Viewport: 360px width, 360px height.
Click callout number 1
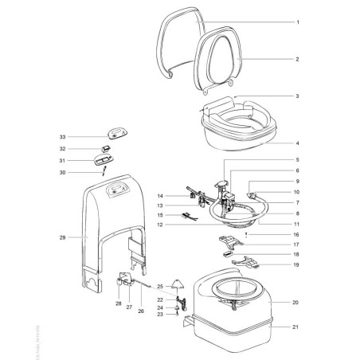point(297,22)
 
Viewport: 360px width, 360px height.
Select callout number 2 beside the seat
point(297,60)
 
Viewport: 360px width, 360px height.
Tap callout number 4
point(297,145)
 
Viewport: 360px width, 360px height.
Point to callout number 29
point(61,237)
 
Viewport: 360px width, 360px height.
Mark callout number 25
point(160,286)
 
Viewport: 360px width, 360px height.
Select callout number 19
point(297,264)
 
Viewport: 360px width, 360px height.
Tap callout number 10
point(297,193)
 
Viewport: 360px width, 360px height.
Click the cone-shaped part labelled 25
point(180,284)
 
